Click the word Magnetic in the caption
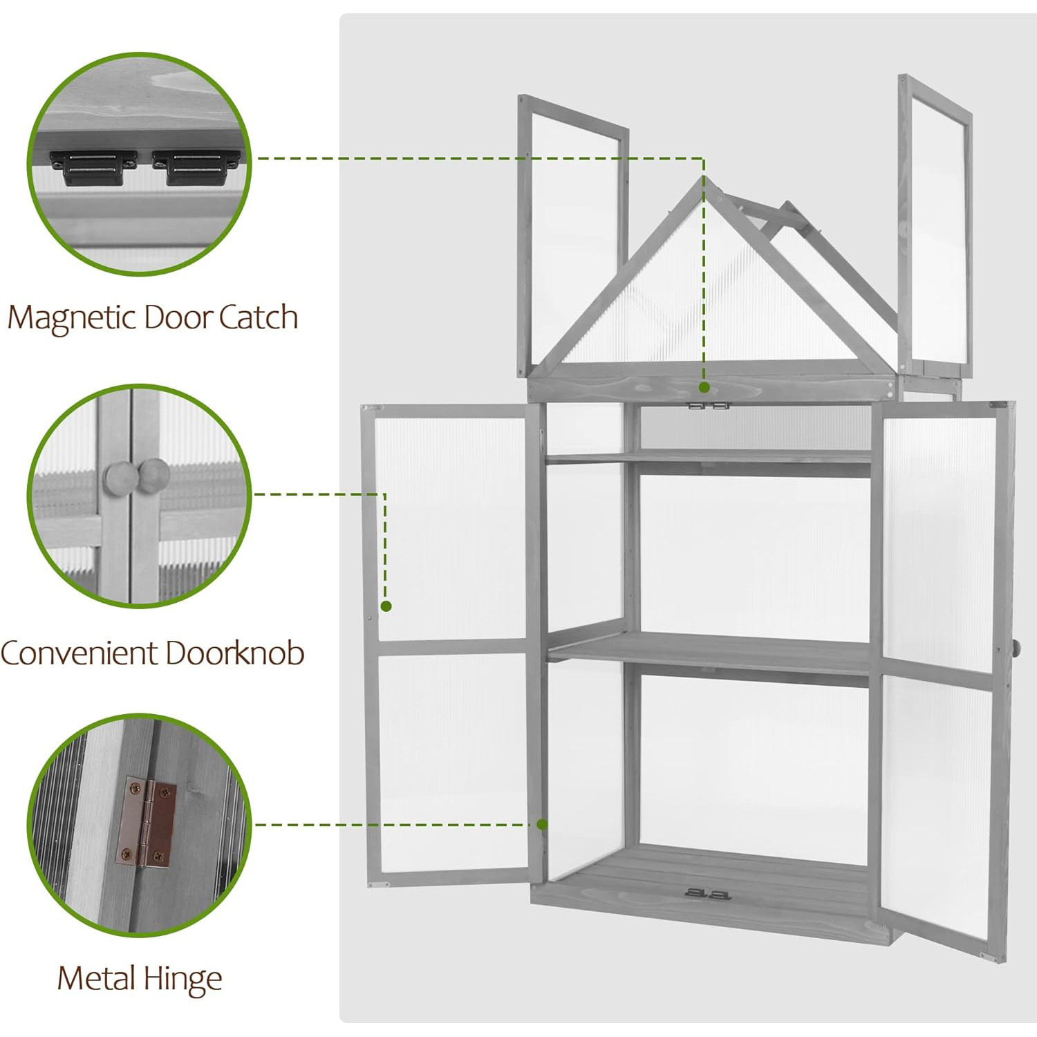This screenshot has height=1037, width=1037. [72, 317]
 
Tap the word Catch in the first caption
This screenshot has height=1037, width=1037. [259, 317]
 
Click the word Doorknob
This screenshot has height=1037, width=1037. [235, 653]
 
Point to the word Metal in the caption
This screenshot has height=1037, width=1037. [95, 978]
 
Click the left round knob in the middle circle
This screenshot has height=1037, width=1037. [118, 476]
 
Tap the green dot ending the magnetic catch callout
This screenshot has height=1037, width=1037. [704, 387]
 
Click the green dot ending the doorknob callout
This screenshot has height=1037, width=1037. [386, 606]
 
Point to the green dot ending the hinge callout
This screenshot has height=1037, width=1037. [542, 824]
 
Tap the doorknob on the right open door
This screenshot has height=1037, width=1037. [1015, 648]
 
